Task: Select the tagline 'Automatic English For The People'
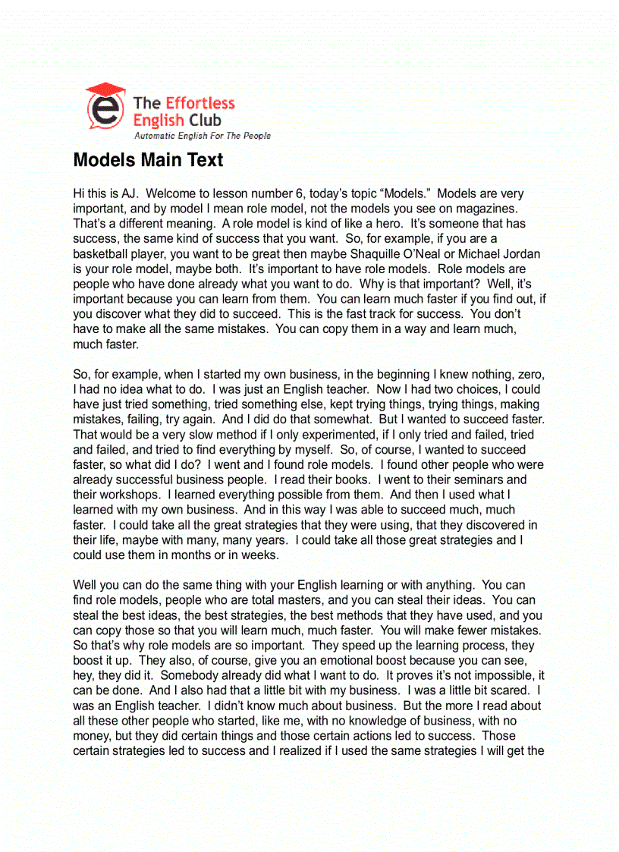tap(202, 136)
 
